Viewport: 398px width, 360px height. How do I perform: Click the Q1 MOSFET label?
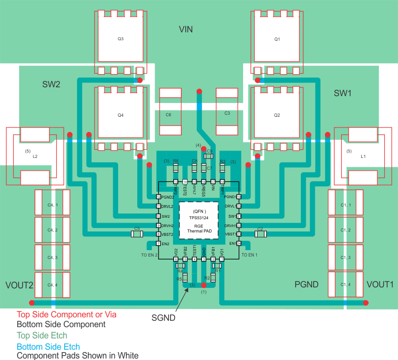click(x=277, y=39)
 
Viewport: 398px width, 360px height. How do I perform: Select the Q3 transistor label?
click(x=121, y=39)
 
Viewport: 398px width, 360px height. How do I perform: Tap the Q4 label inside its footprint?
click(x=121, y=115)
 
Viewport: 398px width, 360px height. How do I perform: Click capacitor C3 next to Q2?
click(x=227, y=113)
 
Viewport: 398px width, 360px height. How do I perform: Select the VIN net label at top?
click(x=186, y=29)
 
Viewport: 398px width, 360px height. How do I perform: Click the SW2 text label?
click(x=51, y=84)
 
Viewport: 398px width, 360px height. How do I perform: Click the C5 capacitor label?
click(x=137, y=229)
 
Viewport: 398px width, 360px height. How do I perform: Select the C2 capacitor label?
click(x=260, y=229)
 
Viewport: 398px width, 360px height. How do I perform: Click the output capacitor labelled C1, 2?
click(x=346, y=230)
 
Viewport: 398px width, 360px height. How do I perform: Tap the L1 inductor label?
click(x=363, y=156)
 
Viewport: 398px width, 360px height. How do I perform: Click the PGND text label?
click(x=306, y=284)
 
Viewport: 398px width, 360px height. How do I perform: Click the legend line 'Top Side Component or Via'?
click(x=67, y=314)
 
